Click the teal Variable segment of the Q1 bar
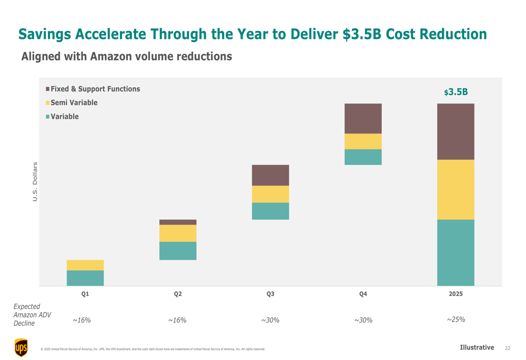coord(85,278)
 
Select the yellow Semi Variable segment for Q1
coord(85,265)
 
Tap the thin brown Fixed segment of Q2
coord(178,222)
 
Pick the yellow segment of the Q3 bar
coord(270,194)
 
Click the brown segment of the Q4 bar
coord(363,118)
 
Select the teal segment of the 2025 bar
coord(456,252)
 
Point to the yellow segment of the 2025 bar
coord(456,189)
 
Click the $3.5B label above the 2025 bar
coord(456,92)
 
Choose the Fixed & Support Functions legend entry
coord(95,89)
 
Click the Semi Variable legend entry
coord(74,102)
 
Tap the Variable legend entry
coord(64,117)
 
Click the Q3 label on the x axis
coord(270,294)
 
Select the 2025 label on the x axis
coord(456,294)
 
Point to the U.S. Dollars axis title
coord(35,181)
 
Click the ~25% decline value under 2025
coord(456,320)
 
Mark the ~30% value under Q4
coord(363,320)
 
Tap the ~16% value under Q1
coord(82,320)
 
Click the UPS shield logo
coord(21,347)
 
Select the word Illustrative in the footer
coord(477,347)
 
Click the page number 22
coord(507,348)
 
